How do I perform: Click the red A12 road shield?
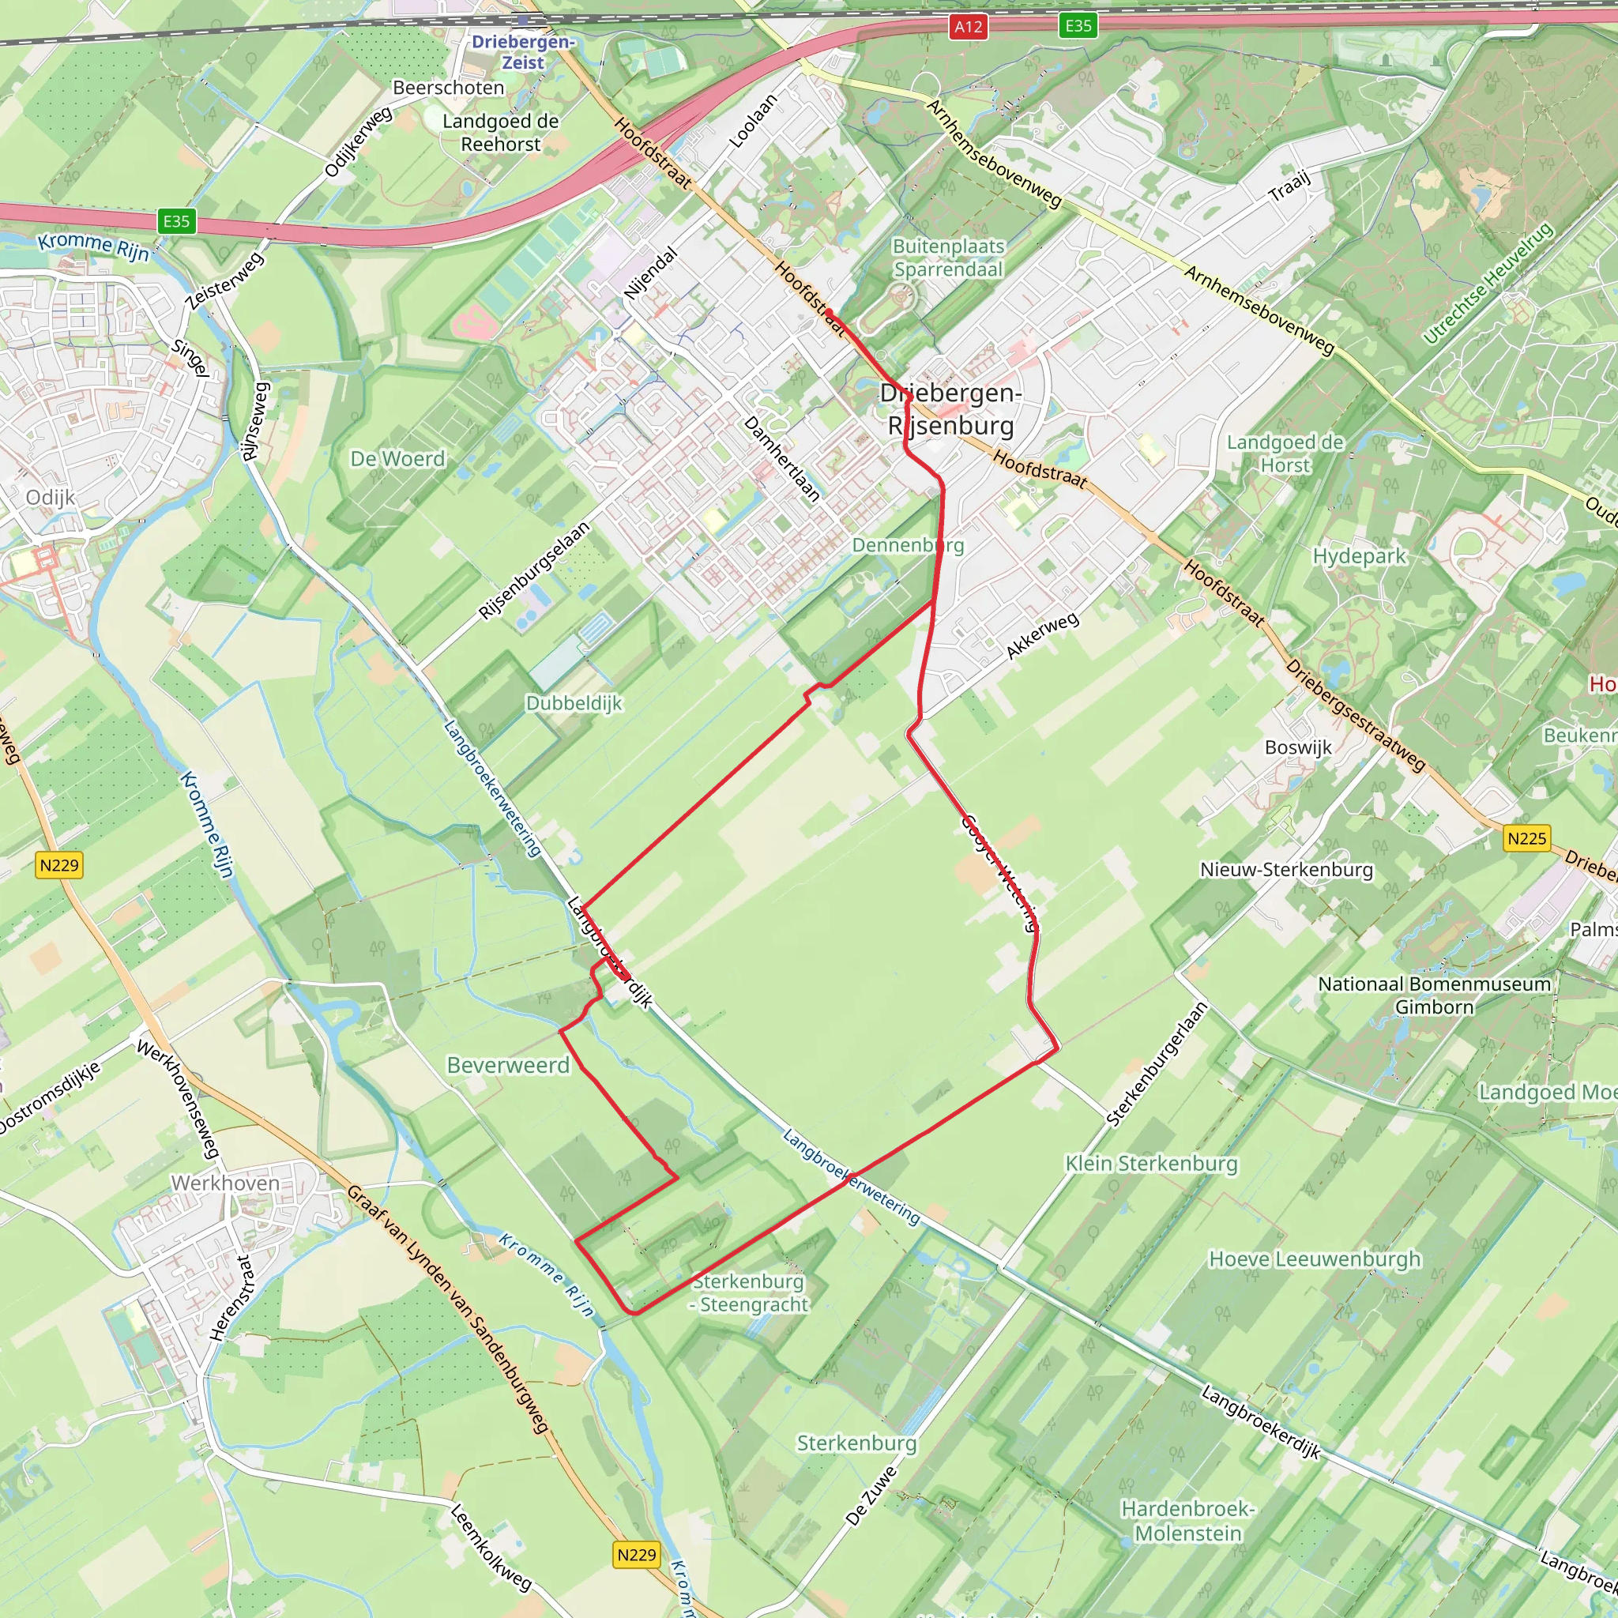968,27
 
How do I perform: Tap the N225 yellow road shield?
1526,838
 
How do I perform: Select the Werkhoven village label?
225,1183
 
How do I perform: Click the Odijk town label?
51,498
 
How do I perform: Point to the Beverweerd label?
507,1065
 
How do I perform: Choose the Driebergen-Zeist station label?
522,52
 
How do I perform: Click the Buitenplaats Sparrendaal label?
948,258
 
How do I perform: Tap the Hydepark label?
1359,556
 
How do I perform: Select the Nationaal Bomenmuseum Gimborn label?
1434,995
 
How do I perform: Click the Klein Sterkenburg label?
1150,1163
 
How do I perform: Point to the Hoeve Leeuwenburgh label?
1315,1259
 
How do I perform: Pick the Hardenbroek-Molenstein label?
1187,1521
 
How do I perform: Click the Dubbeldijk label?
574,702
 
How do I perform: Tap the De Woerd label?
398,459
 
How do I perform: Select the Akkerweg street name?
1042,636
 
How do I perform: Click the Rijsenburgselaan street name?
534,570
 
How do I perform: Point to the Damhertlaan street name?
781,459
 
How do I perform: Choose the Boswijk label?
1298,747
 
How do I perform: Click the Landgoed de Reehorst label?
501,132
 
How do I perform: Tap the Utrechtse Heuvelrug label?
1488,283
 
